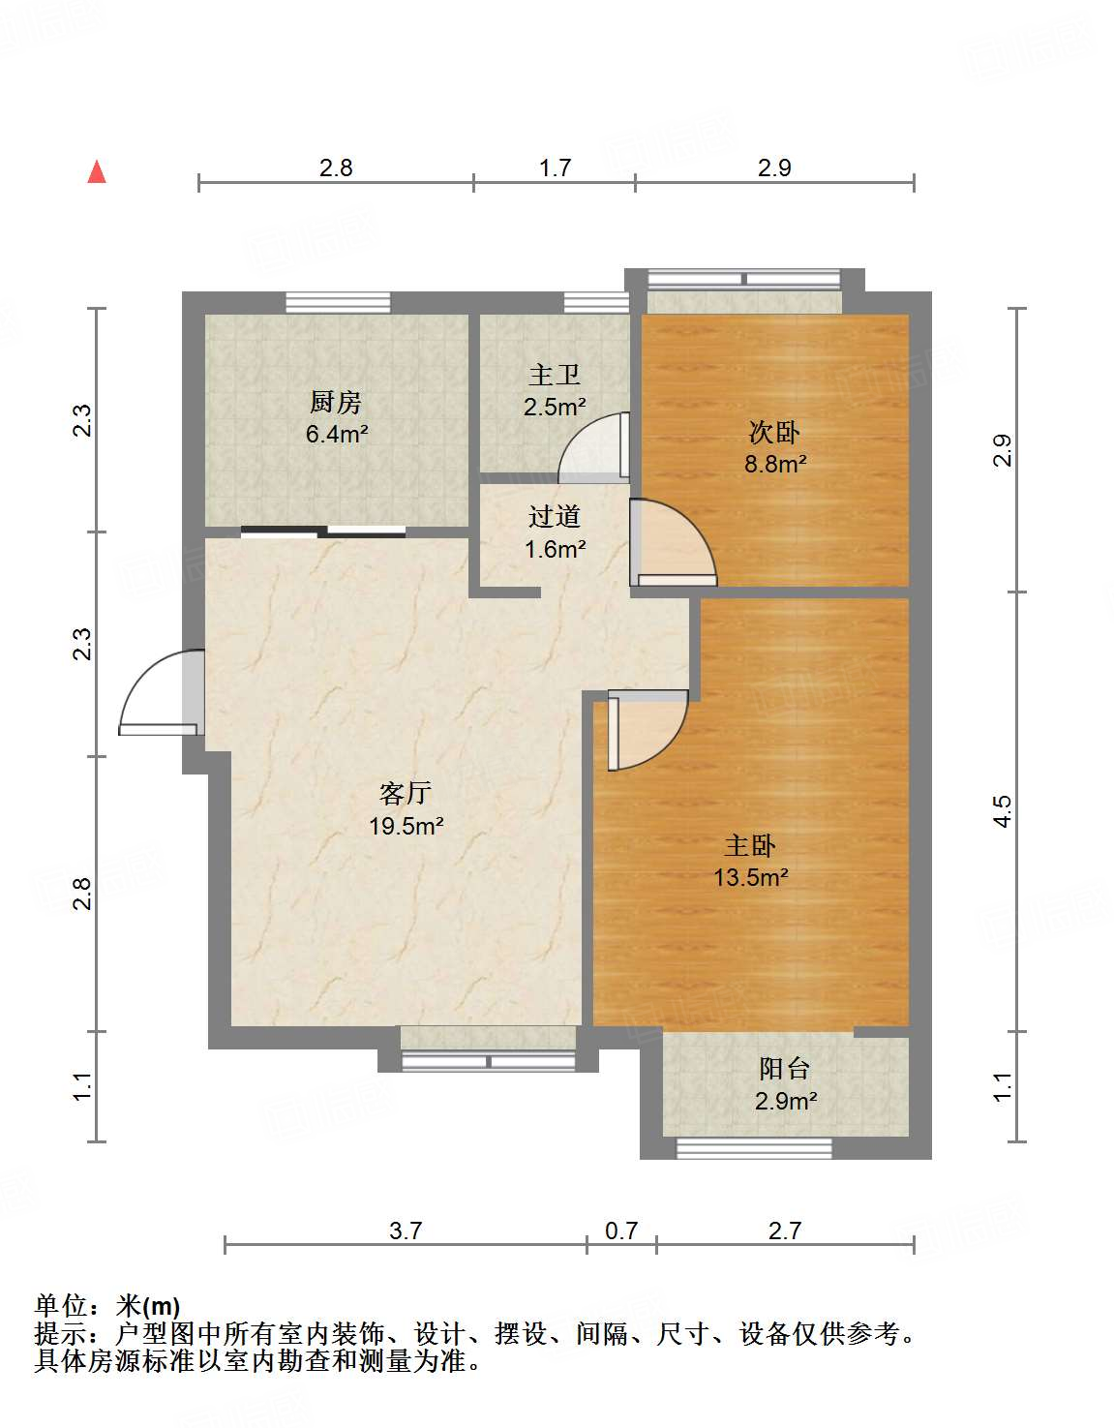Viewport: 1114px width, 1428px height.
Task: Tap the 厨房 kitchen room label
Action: (x=336, y=402)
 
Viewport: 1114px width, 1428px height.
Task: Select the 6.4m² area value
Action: (x=336, y=434)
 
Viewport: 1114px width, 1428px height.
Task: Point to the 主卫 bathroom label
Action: (x=555, y=376)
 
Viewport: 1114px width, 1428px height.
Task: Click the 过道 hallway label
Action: (x=555, y=516)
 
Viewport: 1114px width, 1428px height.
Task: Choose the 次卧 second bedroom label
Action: (x=774, y=433)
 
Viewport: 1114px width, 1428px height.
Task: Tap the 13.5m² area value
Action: (x=751, y=876)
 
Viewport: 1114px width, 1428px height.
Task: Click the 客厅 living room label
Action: (x=406, y=793)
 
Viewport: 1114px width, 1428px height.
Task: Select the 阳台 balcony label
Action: (x=784, y=1069)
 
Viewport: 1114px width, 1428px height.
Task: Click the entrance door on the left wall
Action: (x=162, y=692)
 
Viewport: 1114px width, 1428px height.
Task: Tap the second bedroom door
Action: (x=674, y=543)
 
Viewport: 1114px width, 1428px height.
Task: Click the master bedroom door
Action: (x=648, y=729)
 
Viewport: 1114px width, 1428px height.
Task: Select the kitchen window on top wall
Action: (x=339, y=302)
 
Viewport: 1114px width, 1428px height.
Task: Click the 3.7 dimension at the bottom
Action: (x=406, y=1231)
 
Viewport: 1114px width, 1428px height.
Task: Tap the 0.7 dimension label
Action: (x=621, y=1231)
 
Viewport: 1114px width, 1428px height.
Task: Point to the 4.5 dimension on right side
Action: (x=1003, y=811)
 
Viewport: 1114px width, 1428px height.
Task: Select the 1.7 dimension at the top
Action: (x=555, y=167)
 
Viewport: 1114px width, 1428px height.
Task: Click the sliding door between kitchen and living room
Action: (x=323, y=532)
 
